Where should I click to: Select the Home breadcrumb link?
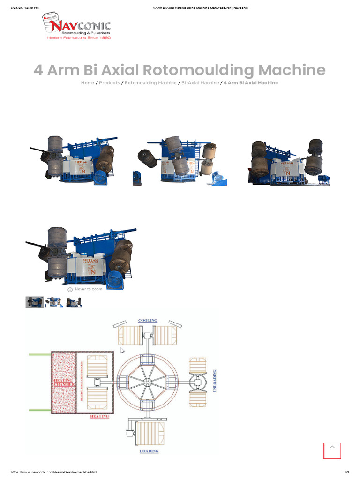point(87,83)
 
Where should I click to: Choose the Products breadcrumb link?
point(109,83)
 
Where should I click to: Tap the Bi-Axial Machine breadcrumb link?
point(200,83)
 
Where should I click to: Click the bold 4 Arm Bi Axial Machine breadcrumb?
point(251,83)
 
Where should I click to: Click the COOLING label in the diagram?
point(148,321)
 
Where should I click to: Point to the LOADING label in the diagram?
point(149,451)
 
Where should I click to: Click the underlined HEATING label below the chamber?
point(99,416)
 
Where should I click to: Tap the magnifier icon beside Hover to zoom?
point(70,290)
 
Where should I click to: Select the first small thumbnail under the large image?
point(35,302)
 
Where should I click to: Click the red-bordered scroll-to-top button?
point(332,450)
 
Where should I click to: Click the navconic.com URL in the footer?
point(53,472)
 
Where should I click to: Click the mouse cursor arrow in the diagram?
point(123,350)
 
